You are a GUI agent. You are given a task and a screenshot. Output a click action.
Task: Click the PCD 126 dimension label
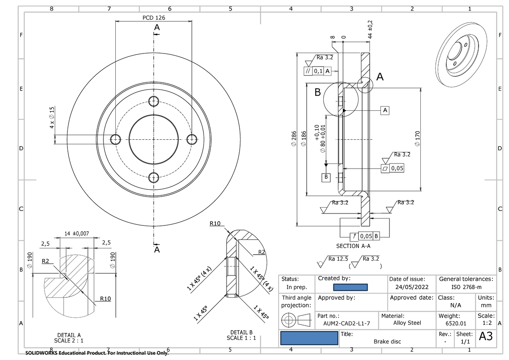point(154,18)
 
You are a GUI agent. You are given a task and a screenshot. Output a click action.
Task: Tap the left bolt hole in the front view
point(115,139)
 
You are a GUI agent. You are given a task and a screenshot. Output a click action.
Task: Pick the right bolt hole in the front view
point(192,138)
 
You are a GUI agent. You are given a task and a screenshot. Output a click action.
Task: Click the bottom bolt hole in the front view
point(154,177)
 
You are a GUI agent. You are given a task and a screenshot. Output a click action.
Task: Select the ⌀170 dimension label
point(417,139)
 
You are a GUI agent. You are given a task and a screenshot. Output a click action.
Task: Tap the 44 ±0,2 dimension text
point(370,30)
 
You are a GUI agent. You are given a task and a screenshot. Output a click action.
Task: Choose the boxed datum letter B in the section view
point(326,176)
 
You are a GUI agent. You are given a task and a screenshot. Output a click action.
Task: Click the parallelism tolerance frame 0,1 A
point(317,71)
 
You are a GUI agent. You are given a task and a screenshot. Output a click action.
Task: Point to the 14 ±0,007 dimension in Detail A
point(76,233)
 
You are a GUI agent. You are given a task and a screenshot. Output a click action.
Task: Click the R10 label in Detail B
point(216,223)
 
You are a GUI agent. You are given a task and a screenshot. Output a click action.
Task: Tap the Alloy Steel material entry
point(408,323)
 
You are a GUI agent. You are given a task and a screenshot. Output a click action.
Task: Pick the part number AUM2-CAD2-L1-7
point(344,323)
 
